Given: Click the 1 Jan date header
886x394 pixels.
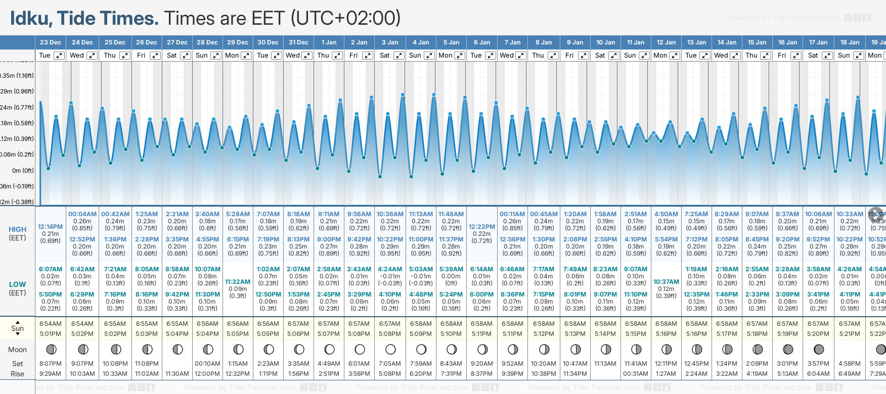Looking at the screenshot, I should [329, 42].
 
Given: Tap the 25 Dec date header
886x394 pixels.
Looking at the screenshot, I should [115, 42].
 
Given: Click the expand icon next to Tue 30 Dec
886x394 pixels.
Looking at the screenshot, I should [277, 56].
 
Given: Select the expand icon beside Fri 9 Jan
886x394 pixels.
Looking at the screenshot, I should [584, 56].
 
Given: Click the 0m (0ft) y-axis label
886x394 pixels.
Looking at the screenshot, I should [23, 171].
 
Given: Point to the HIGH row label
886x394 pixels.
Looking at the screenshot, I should [17, 229].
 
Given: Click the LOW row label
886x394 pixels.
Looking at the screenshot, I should [17, 284].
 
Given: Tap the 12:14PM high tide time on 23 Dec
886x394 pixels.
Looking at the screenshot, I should [51, 227].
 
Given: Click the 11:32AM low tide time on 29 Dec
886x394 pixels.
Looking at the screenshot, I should [238, 282].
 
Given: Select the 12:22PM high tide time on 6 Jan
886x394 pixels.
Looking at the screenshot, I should [481, 227].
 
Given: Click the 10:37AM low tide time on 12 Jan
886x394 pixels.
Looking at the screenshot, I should [666, 282].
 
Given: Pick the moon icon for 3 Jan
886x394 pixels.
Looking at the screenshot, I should [390, 350].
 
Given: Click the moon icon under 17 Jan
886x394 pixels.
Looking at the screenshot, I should [819, 350].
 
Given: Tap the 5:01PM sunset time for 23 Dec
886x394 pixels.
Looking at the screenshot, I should [51, 334].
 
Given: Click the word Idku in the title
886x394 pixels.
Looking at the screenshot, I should [31, 18].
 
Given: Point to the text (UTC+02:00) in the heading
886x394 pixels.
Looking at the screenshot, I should [345, 18].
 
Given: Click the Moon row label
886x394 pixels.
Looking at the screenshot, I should [17, 350].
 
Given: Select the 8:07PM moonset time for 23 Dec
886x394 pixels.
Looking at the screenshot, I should [51, 364].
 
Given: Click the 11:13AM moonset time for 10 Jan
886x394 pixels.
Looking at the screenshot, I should [605, 364].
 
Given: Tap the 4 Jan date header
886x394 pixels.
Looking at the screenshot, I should [421, 42].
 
